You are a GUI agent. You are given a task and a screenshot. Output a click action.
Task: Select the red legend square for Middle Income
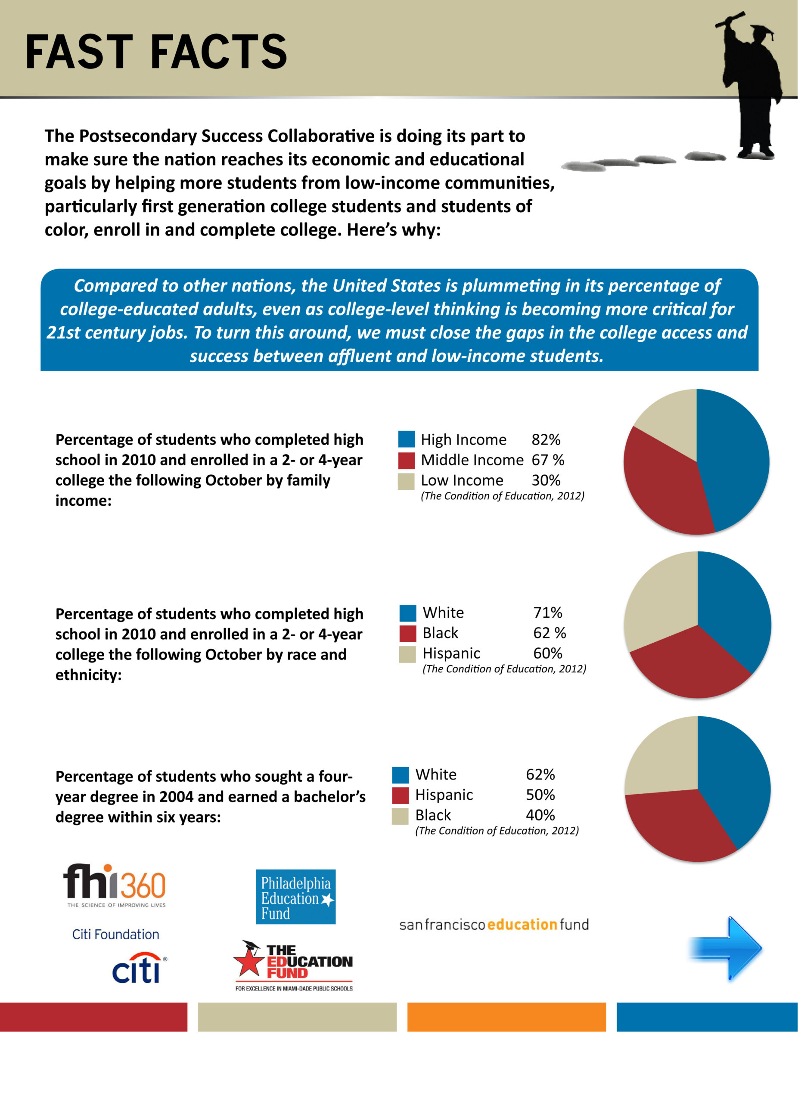pos(406,460)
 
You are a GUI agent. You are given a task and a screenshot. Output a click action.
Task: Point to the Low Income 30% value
pos(546,480)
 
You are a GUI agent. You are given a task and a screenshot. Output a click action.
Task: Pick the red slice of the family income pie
pos(661,486)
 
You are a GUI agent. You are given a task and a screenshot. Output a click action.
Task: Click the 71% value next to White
pos(548,612)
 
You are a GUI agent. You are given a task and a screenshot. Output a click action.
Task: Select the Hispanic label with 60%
pos(451,653)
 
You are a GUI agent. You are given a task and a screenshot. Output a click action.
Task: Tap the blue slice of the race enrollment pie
pos(734,607)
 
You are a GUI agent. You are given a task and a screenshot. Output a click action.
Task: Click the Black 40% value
pos(540,815)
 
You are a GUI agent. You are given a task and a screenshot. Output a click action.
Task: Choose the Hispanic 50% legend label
pos(444,795)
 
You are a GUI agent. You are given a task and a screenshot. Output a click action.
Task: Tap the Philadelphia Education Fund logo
pos(295,897)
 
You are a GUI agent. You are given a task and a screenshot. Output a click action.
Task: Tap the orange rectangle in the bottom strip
pos(506,1016)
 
